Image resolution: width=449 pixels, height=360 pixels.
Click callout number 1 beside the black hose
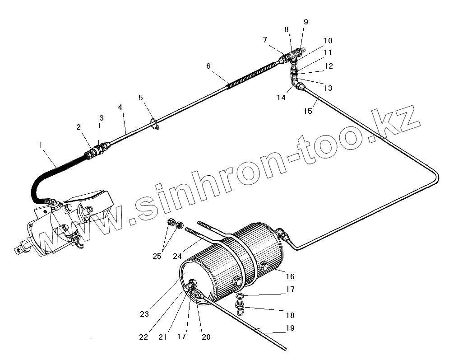40,145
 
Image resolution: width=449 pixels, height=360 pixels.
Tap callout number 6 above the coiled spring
208,66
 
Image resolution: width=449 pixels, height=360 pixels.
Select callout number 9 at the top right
306,22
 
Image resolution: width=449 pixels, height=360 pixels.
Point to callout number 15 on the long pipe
308,111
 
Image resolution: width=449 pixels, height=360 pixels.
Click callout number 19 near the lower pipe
290,328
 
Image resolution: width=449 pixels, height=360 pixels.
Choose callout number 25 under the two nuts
157,256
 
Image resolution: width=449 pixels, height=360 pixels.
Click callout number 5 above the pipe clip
141,97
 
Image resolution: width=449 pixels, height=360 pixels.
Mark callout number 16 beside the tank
290,276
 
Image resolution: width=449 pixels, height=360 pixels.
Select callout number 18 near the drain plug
290,315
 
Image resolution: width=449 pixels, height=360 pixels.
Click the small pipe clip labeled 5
154,123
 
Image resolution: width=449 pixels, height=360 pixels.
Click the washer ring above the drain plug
241,296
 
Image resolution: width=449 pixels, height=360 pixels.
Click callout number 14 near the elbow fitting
282,97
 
